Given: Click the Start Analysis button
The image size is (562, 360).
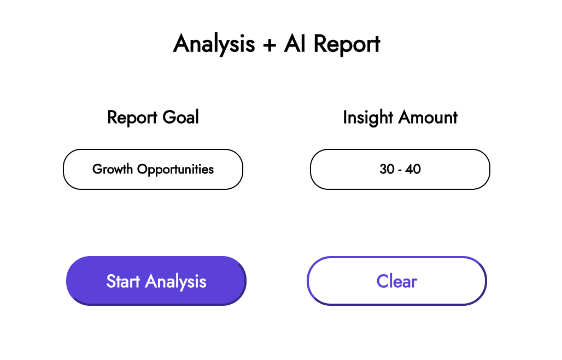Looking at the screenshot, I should [156, 281].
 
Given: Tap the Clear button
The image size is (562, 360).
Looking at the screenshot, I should [396, 281].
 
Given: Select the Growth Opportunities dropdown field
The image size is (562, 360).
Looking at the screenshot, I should [153, 169].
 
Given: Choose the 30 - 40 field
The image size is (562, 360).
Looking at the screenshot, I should [400, 169].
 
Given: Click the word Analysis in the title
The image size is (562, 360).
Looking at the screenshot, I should [214, 44].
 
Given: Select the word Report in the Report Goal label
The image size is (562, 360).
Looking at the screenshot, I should [131, 118].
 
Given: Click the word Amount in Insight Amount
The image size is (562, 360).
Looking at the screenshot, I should [428, 117].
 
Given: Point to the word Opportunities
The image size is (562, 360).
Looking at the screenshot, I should [175, 170].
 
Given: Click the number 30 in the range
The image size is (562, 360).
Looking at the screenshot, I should [387, 169].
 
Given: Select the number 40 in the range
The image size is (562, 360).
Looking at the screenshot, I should [413, 169].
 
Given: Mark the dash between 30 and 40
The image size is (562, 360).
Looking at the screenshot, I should [400, 170].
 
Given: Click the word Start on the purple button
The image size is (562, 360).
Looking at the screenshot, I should [124, 281].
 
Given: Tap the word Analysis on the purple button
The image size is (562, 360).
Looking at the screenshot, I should [176, 282].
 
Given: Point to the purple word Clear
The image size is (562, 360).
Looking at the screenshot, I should [396, 281].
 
